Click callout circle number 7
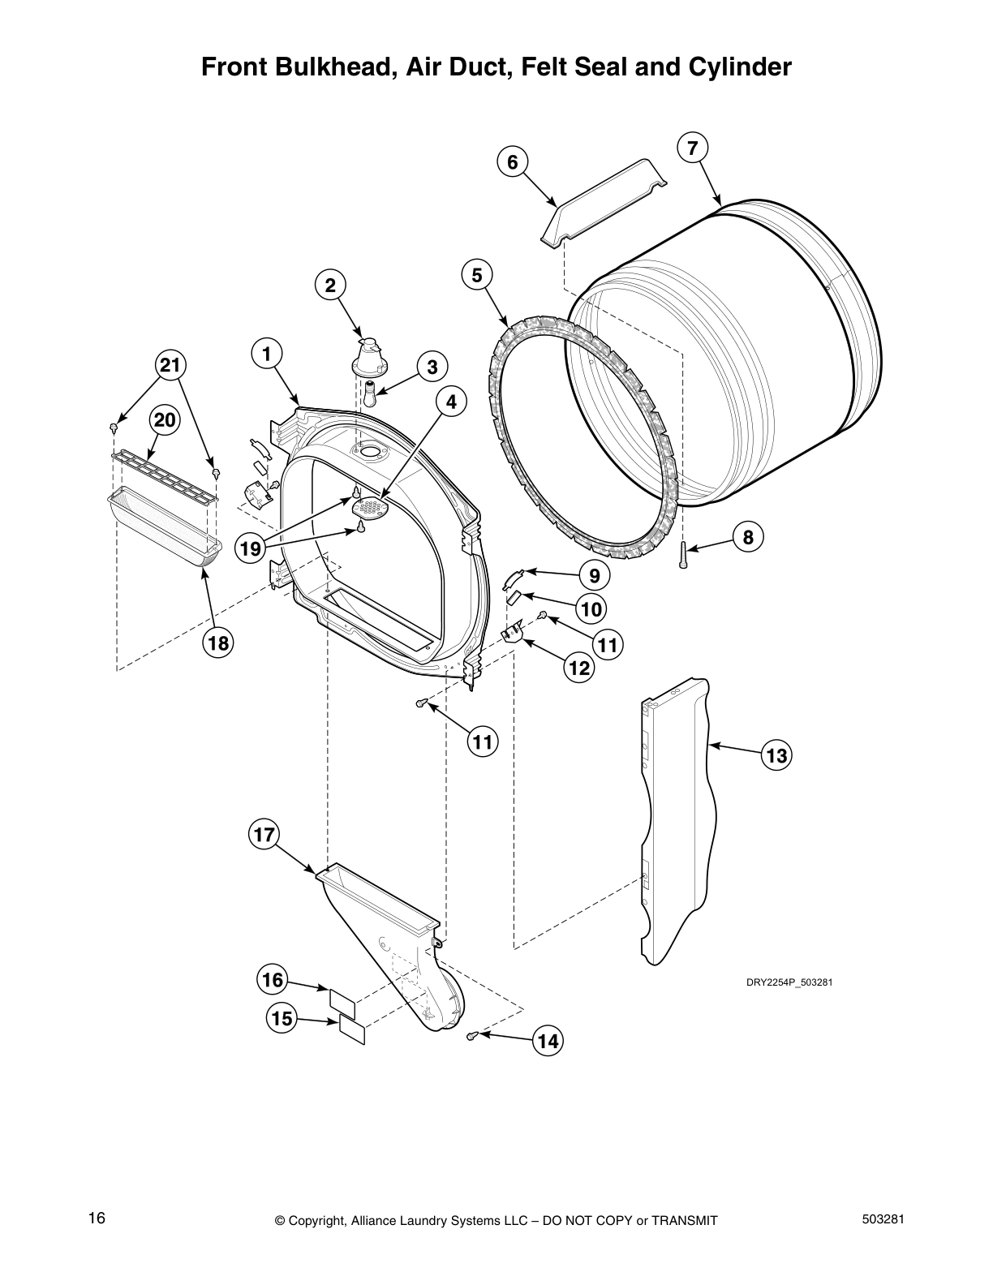tap(691, 148)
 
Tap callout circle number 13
tap(776, 756)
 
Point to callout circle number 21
tap(170, 366)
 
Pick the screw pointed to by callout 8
tap(683, 555)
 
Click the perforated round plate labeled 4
tap(371, 508)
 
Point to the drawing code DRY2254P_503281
tap(789, 982)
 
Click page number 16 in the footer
tap(97, 1218)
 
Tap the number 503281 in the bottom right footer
tap(882, 1218)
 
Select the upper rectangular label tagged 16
tap(342, 1000)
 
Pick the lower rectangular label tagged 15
tap(352, 1030)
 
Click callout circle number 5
tap(477, 275)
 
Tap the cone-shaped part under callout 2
tap(369, 358)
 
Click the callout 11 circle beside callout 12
tap(608, 646)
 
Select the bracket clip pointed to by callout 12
tap(511, 633)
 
